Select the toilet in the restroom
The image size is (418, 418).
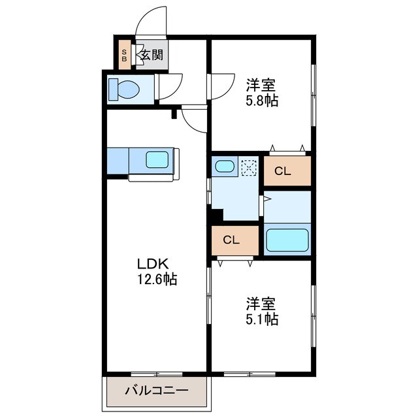click(122, 89)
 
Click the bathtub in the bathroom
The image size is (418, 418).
click(287, 240)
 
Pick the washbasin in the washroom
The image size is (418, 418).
click(225, 166)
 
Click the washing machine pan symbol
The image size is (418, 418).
click(249, 167)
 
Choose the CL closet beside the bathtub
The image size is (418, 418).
click(232, 240)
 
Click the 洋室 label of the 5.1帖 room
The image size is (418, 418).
click(261, 304)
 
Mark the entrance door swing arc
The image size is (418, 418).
click(149, 20)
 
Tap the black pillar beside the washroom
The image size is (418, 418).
click(216, 214)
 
